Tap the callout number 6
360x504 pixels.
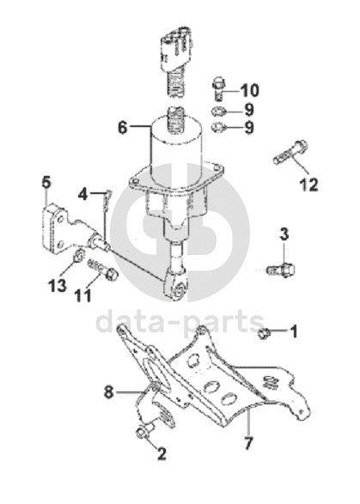click(123, 127)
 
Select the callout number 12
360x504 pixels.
click(308, 185)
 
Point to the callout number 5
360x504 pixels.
click(46, 183)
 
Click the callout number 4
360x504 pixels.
click(83, 194)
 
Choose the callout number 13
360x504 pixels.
click(58, 285)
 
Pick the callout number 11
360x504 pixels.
click(82, 295)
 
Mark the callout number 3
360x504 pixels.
click(284, 234)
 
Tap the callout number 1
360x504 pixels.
click(294, 331)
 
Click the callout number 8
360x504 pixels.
click(109, 392)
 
